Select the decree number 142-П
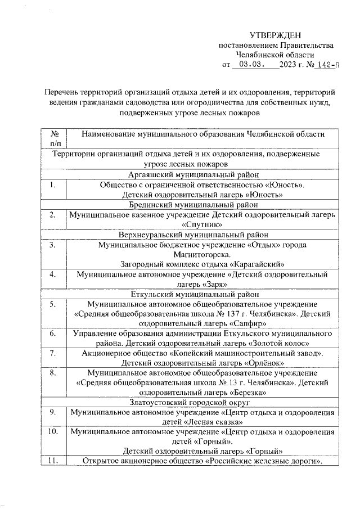tap(327, 65)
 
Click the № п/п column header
tap(55, 139)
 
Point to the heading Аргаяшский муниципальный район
tap(195, 174)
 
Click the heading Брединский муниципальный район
tap(195, 205)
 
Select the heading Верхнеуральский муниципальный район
tap(195, 235)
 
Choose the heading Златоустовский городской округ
tap(195, 403)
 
